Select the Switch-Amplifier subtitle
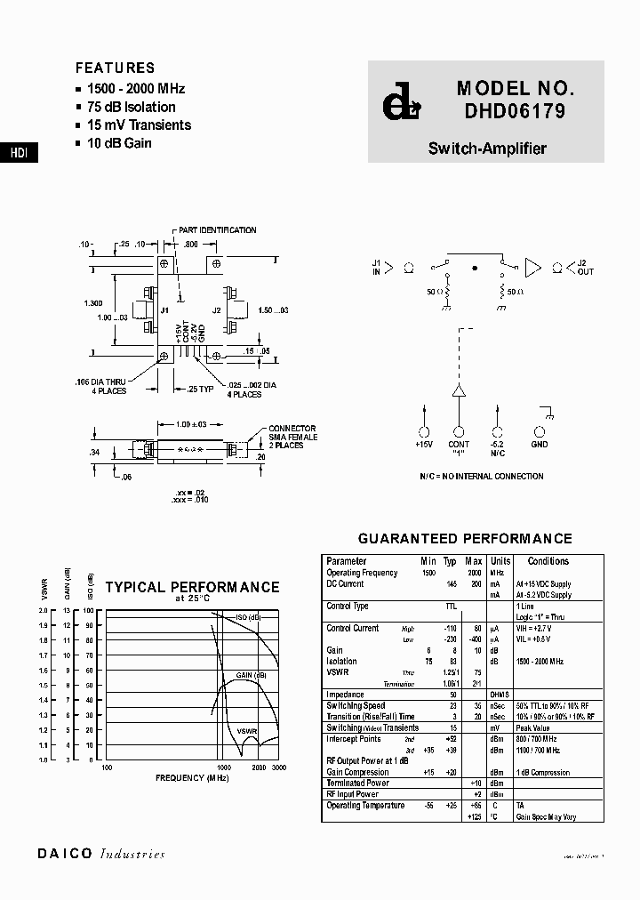[x=487, y=149]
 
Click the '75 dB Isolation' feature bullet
[x=131, y=107]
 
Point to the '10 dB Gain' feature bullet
[x=119, y=143]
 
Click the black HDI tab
[x=19, y=153]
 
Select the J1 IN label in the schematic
[x=377, y=268]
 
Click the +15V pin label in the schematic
[x=424, y=444]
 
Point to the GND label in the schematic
[x=540, y=444]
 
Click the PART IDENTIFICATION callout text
[x=217, y=230]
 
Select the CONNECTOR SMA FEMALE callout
[x=292, y=437]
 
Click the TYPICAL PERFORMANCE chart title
[x=192, y=587]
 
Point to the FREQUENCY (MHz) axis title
[x=192, y=778]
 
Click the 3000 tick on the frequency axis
[x=279, y=767]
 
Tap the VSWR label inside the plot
[x=247, y=730]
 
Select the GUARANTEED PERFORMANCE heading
[x=465, y=539]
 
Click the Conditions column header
[x=548, y=561]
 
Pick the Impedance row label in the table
[x=345, y=695]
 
